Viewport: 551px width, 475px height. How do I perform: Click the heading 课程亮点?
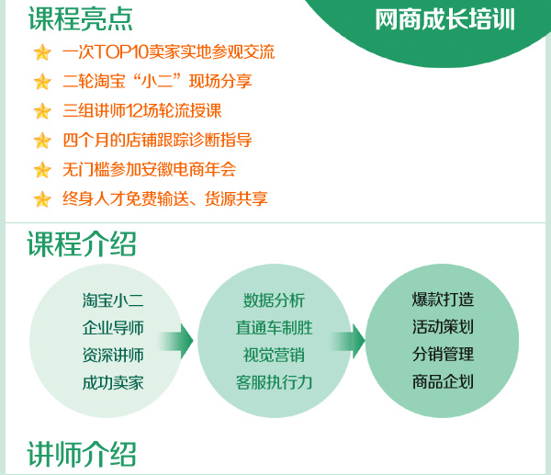[81, 19]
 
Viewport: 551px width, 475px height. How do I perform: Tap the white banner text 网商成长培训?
[444, 19]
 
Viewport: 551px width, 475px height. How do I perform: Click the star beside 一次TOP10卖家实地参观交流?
[42, 52]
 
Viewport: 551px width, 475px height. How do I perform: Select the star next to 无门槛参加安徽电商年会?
[42, 170]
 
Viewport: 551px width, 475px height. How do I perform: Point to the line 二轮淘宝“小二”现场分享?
[157, 81]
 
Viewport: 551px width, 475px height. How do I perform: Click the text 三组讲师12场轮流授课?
[142, 111]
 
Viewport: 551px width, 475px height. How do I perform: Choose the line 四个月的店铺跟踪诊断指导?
[157, 140]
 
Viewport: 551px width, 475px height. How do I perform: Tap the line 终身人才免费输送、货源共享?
[165, 198]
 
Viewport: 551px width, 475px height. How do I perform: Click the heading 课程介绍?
[82, 244]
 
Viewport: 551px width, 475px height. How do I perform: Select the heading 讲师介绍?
[82, 454]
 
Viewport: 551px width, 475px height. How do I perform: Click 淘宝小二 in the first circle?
[113, 300]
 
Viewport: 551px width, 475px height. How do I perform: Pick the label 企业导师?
[113, 328]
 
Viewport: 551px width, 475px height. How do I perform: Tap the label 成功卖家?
[113, 383]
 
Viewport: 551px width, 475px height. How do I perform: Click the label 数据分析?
[274, 300]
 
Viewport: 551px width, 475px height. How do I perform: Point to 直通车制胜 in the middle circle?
[274, 328]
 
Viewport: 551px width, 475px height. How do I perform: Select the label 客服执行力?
[274, 382]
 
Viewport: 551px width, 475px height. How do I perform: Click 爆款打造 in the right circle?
[443, 300]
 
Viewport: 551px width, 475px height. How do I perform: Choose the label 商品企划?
[443, 382]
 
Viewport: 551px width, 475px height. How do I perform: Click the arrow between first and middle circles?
[175, 341]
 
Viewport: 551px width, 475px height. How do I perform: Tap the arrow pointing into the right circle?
[348, 341]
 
